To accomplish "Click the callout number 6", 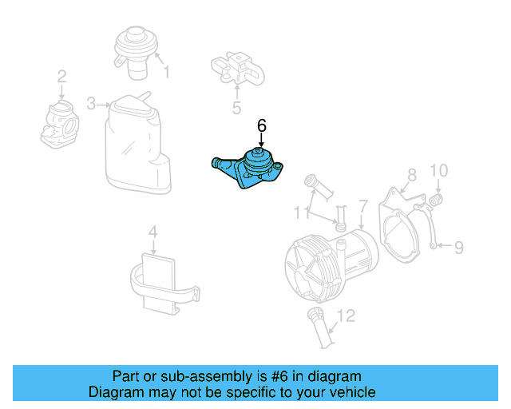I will [261, 125].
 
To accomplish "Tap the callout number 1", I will [167, 73].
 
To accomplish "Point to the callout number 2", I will [61, 77].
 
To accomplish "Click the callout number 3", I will [91, 104].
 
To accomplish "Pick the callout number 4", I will [153, 233].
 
